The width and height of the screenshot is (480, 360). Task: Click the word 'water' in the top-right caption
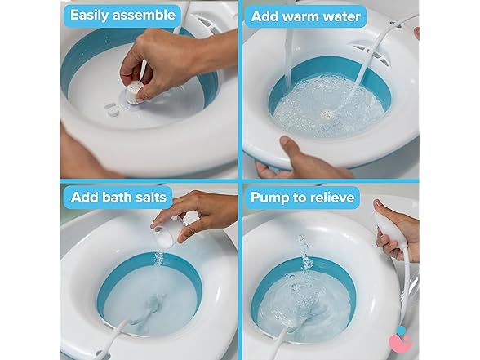(x=357, y=16)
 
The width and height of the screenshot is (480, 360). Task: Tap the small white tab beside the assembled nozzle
(x=110, y=104)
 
